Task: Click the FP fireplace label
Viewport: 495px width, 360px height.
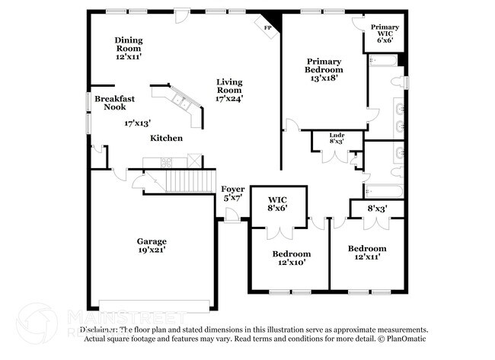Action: click(x=267, y=27)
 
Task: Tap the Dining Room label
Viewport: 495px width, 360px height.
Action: click(x=129, y=48)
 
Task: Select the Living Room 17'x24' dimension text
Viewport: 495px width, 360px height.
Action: click(x=229, y=98)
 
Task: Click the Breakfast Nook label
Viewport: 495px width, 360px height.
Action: click(x=115, y=103)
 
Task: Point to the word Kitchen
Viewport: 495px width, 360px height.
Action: click(x=166, y=139)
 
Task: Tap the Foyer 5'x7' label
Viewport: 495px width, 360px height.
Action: click(x=232, y=193)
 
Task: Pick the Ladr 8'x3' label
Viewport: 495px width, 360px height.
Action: click(x=337, y=138)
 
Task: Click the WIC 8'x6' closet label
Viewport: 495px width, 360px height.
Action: click(x=276, y=203)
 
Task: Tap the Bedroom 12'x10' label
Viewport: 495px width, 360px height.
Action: click(x=292, y=258)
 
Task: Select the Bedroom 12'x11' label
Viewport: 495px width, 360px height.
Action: click(x=367, y=253)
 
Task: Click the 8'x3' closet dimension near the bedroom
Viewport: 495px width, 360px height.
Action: click(x=378, y=208)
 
